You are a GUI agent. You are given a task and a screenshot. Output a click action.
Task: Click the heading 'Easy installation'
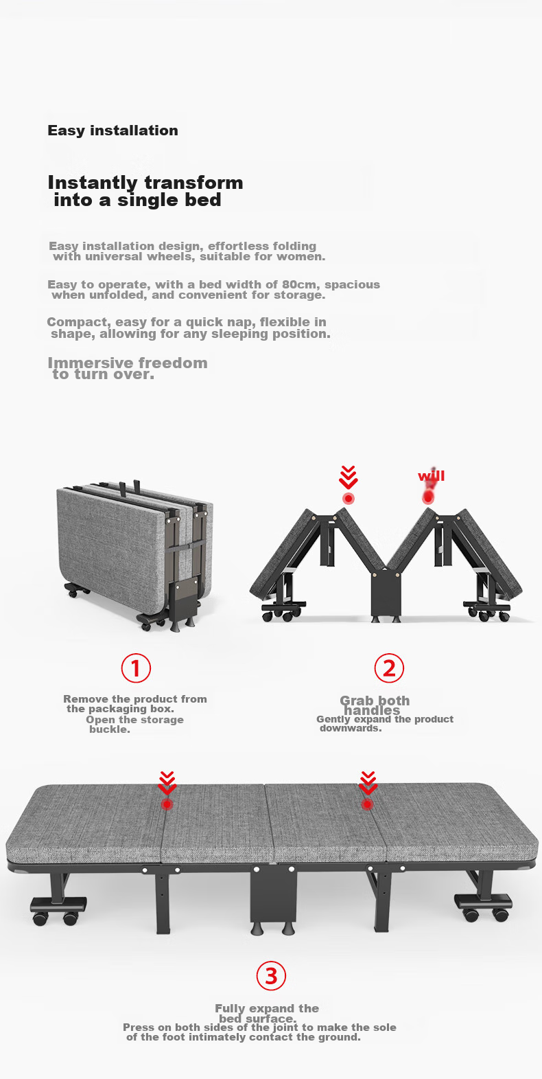113,130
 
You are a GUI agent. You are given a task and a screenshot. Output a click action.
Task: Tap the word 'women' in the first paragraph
303,257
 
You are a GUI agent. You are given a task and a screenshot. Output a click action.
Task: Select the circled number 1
136,668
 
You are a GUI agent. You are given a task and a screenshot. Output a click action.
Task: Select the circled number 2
389,668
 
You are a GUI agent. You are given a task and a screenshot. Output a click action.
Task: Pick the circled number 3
271,975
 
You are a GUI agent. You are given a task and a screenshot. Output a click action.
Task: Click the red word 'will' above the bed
432,476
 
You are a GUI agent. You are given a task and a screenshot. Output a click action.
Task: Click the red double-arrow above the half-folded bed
348,477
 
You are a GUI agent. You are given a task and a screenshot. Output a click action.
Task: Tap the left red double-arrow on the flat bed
167,783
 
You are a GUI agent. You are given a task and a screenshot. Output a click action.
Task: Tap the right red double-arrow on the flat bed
368,783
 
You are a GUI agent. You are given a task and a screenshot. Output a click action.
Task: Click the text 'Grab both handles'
375,705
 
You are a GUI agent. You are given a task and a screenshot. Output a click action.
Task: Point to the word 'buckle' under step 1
108,730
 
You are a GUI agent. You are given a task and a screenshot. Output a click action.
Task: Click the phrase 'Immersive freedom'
128,363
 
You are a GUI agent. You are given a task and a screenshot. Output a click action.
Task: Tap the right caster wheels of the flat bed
483,908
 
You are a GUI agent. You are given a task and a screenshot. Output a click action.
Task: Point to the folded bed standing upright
135,556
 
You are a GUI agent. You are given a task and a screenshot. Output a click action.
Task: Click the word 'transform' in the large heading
193,183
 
